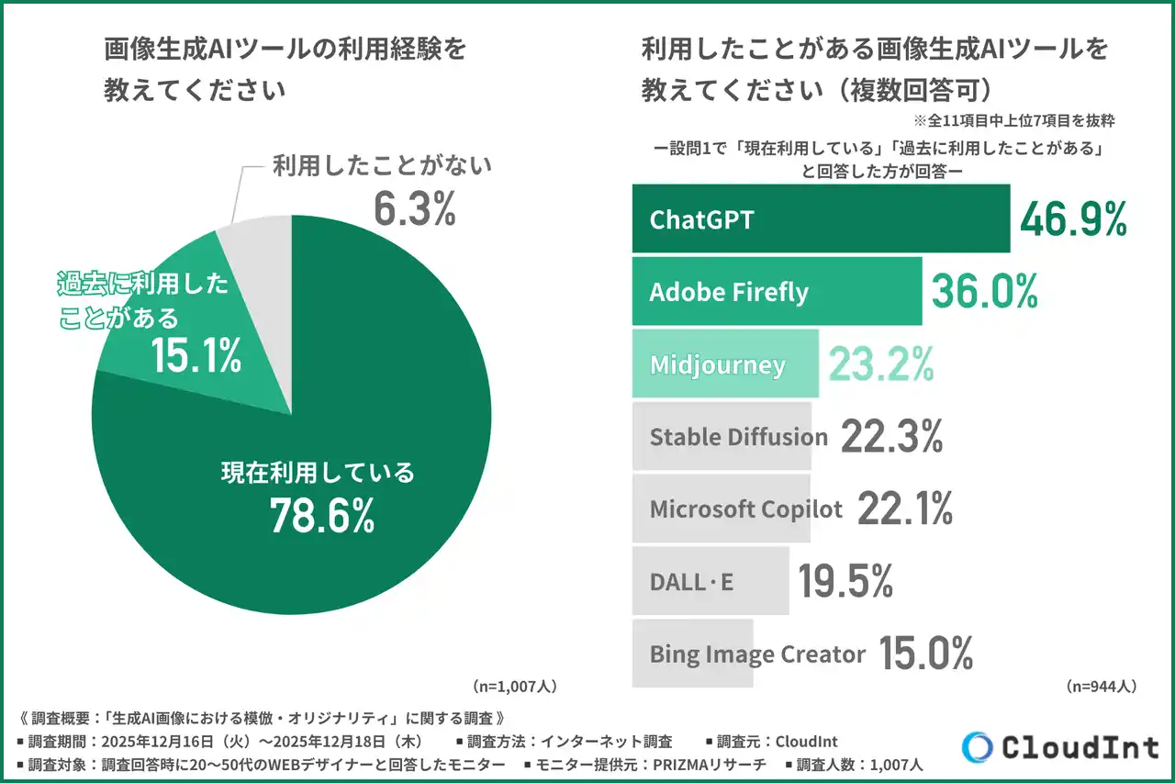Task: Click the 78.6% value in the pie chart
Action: coord(321,517)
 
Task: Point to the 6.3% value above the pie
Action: coord(414,208)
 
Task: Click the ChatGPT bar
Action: coord(820,218)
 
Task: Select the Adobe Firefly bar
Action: coord(776,292)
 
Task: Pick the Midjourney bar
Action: coord(724,364)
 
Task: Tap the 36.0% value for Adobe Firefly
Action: coord(984,291)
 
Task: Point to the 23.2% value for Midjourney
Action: coord(881,364)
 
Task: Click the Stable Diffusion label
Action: coord(738,437)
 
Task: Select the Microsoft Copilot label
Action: coord(745,509)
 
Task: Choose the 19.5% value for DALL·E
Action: coord(845,581)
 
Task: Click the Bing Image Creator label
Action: coord(757,654)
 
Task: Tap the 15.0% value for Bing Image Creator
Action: coord(925,654)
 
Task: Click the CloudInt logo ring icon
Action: coord(977,747)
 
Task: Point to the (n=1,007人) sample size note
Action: coord(515,686)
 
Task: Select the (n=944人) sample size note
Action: coord(1102,686)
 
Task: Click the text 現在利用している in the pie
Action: coord(318,474)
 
